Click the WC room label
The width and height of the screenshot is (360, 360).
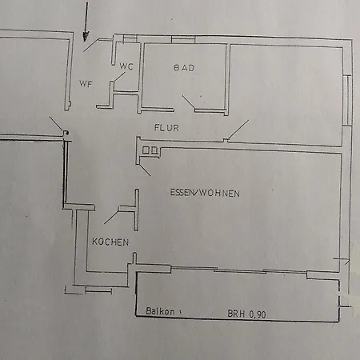[x=126, y=66]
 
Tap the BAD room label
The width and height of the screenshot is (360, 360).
[x=184, y=68]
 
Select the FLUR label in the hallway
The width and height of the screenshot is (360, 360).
[x=166, y=128]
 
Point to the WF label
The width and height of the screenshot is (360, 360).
[x=86, y=84]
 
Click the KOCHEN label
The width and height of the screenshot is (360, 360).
[x=110, y=242]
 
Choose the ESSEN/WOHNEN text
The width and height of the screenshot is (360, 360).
[x=205, y=193]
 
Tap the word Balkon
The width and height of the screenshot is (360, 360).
[x=160, y=311]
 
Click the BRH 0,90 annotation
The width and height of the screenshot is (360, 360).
[x=246, y=314]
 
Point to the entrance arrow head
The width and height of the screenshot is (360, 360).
[x=86, y=37]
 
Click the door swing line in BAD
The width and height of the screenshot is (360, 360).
[x=189, y=102]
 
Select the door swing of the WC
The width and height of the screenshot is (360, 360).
[x=119, y=77]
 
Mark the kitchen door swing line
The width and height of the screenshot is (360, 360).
[x=111, y=217]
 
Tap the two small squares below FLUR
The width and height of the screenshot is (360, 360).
[x=150, y=150]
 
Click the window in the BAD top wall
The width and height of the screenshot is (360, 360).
[x=183, y=39]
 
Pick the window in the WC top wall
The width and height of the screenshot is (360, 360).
[x=130, y=38]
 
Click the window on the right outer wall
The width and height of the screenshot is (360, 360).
[x=347, y=101]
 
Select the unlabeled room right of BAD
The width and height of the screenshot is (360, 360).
[x=286, y=95]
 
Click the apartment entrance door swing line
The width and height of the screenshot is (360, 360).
[x=90, y=45]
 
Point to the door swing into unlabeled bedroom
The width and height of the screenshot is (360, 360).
[x=238, y=130]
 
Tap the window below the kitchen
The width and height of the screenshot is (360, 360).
[x=98, y=291]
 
